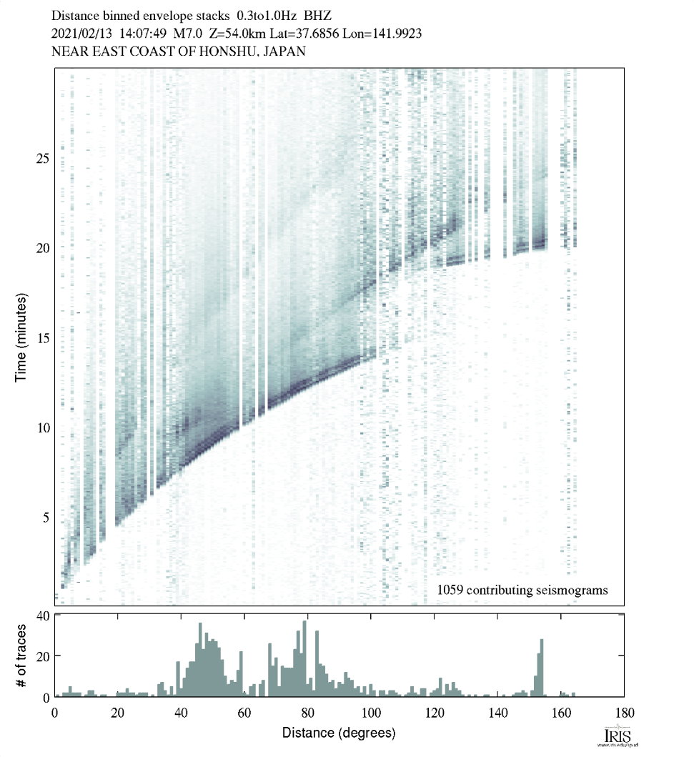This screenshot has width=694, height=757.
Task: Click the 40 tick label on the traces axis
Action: coord(41,615)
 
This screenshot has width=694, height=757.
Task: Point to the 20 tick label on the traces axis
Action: coord(41,656)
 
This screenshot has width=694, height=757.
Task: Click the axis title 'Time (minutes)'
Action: coord(21,336)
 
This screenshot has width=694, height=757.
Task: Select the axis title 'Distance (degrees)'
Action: coord(339,733)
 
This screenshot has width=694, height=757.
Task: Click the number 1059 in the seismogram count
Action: coord(448,590)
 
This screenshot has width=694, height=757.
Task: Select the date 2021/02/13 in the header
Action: coord(78,33)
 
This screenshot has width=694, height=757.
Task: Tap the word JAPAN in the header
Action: coord(288,51)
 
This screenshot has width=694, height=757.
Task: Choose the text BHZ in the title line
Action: coord(318,14)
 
